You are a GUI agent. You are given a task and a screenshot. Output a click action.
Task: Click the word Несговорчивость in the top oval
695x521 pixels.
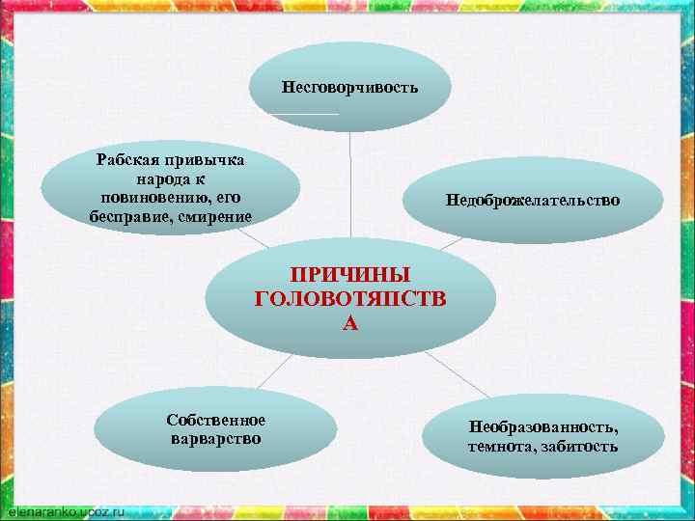point(349,88)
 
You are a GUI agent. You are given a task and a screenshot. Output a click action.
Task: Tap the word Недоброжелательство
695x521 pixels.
point(533,201)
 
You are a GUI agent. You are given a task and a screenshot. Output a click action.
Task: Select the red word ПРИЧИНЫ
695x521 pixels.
point(351,276)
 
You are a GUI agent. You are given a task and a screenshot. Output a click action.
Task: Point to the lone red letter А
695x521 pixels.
point(350,323)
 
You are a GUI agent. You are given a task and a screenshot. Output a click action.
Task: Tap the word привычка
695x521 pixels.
point(206,159)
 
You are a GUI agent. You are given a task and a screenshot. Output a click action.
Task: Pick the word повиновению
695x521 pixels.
point(150,197)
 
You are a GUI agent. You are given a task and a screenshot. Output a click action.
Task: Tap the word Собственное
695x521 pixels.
point(215,420)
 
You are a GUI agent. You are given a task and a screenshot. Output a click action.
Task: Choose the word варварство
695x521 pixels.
point(215,439)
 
